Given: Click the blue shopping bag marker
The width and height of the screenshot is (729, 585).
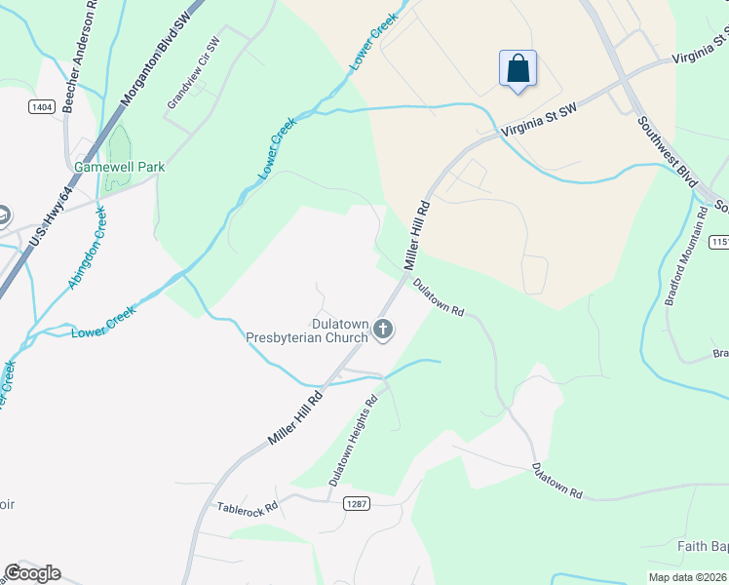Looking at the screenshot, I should point(518,69).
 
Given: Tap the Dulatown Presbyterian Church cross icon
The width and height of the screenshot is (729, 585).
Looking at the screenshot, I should point(382,331).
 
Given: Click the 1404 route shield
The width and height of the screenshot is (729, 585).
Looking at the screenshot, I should point(41,106).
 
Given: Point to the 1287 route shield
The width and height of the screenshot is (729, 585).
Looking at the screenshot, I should point(355,502).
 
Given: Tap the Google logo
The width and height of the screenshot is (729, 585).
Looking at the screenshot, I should point(32,573).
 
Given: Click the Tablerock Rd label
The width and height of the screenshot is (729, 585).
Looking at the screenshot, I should point(248,508).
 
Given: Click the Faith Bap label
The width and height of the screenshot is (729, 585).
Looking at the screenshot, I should point(702,546).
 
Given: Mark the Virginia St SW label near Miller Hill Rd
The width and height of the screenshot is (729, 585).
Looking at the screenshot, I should point(539,121).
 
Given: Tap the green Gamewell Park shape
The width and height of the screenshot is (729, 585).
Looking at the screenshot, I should point(119,146).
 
